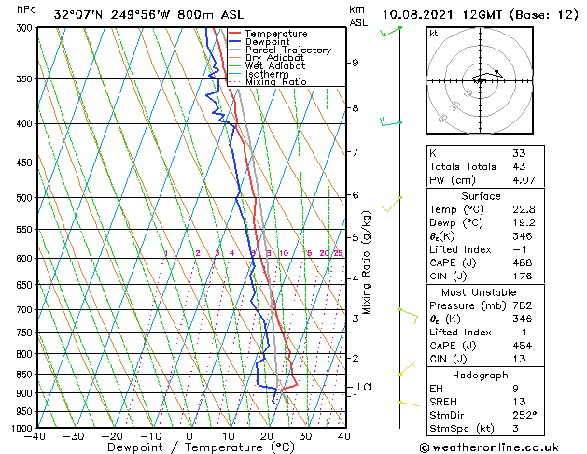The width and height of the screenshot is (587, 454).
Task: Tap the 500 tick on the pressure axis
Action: click(24, 198)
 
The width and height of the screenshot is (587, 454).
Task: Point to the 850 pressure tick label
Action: click(24, 375)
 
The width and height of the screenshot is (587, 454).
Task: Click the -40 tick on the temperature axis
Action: click(35, 436)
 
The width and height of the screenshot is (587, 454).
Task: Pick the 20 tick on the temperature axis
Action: click(267, 436)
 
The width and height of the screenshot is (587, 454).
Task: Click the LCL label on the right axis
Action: click(367, 387)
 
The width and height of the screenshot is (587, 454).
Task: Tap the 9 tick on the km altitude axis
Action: click(356, 63)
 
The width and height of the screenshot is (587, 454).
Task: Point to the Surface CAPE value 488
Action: click(522, 264)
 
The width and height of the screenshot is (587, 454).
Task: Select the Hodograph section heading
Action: click(482, 375)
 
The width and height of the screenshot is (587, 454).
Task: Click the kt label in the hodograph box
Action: click(434, 34)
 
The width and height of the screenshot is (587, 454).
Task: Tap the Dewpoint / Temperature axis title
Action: click(190, 448)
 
